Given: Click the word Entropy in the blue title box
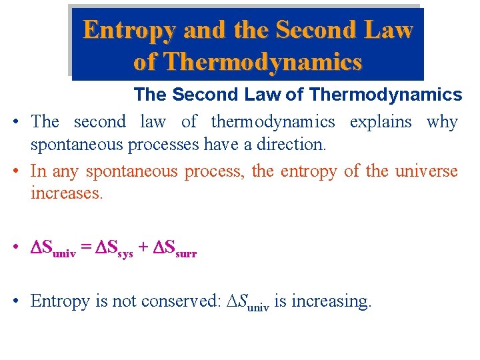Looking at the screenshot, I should [x=130, y=29].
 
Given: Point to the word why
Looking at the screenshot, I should [x=442, y=121].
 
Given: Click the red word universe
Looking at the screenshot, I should [x=427, y=171].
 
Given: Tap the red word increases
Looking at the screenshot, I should [x=67, y=193].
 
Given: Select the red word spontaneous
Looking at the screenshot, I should [x=131, y=171].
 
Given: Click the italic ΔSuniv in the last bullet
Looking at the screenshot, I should [x=247, y=302].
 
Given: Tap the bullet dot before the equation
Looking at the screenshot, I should [x=15, y=249].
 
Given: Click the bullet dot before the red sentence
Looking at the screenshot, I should [x=15, y=171].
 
